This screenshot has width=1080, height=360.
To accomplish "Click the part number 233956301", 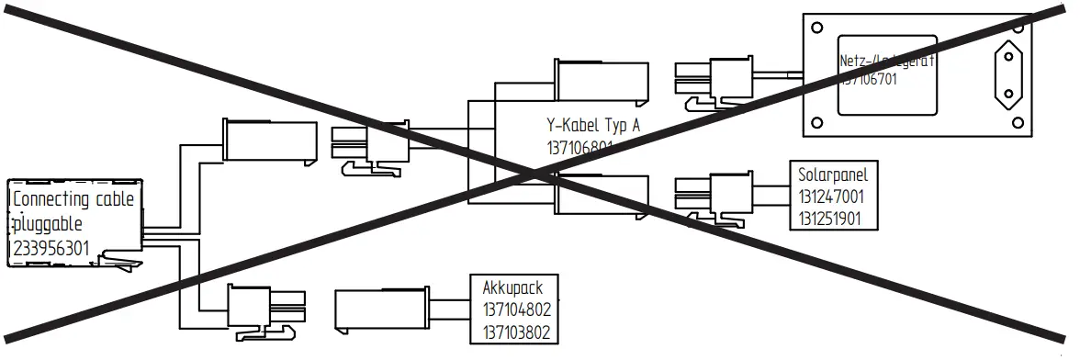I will click(x=52, y=248).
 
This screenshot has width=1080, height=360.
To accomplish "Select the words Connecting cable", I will click(x=73, y=199).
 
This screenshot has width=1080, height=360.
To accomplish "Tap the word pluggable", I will click(x=50, y=223).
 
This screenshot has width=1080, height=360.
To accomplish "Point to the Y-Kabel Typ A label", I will click(x=591, y=126).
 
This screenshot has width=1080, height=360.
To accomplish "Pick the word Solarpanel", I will click(x=833, y=174).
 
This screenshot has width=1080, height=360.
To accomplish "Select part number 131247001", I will click(x=831, y=197).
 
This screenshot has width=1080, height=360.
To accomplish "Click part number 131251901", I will click(x=831, y=219).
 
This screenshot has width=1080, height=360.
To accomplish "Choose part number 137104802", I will click(x=516, y=310).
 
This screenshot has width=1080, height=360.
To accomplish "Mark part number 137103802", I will click(x=516, y=332).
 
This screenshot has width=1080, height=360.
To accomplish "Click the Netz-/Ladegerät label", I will click(x=886, y=62).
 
